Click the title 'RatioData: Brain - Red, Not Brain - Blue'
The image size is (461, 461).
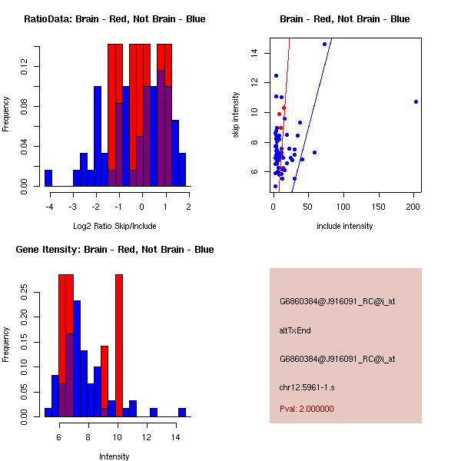(x=114, y=18)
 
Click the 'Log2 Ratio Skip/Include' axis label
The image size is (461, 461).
(x=114, y=226)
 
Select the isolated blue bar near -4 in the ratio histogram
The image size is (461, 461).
(x=48, y=177)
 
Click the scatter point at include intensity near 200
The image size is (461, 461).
(x=416, y=101)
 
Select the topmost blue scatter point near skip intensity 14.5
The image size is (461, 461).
(x=324, y=44)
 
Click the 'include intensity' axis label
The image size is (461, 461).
(x=345, y=226)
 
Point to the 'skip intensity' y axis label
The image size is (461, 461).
(x=236, y=115)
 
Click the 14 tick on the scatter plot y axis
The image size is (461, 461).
(x=252, y=52)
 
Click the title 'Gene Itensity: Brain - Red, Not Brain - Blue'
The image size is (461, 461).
(x=114, y=249)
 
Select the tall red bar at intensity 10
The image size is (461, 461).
(x=119, y=345)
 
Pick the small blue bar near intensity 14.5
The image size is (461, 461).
(x=182, y=412)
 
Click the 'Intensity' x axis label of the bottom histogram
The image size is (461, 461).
(x=114, y=456)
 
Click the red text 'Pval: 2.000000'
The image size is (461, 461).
(x=307, y=409)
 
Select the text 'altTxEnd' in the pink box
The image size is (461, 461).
(x=294, y=330)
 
